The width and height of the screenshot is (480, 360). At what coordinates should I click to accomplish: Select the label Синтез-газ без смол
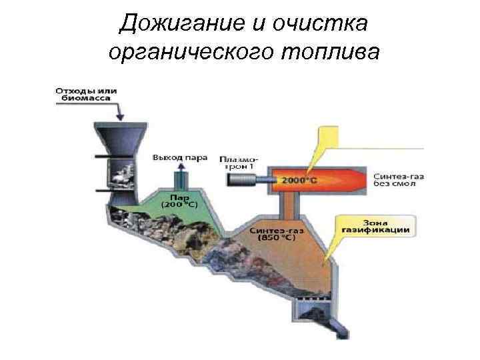[x=398, y=179]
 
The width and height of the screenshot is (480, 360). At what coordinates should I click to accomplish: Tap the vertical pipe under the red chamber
[x=288, y=207]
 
